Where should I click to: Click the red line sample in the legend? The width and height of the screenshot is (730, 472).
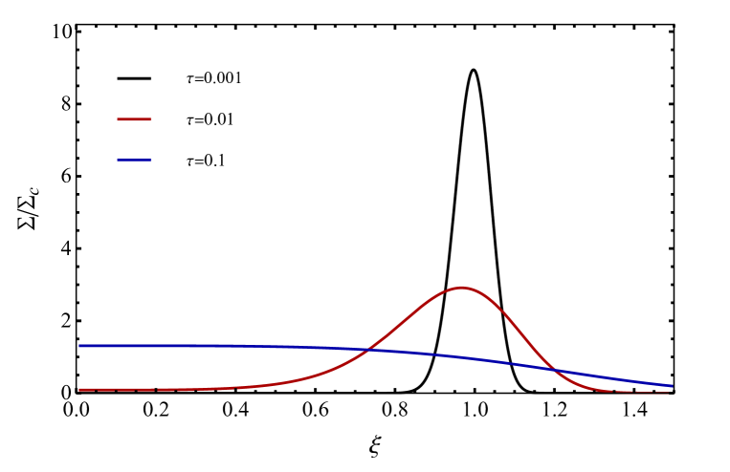point(134,119)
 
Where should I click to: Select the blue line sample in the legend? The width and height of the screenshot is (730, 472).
point(134,160)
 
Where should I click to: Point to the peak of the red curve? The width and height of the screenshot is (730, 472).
point(462,287)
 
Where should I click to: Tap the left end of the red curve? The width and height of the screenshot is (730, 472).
point(79,390)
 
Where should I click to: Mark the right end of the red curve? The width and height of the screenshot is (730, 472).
point(672,393)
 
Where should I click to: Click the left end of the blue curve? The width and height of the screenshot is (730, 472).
point(79,345)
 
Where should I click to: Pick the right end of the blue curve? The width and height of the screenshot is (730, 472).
point(672,386)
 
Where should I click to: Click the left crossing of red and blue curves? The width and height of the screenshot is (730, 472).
point(370,351)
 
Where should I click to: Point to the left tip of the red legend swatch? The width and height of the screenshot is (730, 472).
point(118,119)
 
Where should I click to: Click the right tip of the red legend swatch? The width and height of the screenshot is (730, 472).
point(151,119)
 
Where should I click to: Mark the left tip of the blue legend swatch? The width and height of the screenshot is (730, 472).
point(118,160)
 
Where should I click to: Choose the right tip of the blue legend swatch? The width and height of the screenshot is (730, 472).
point(151,160)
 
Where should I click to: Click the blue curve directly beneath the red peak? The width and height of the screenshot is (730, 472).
point(462,357)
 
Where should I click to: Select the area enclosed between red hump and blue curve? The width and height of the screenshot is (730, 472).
point(462,325)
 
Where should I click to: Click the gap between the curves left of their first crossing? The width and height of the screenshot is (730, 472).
point(239,367)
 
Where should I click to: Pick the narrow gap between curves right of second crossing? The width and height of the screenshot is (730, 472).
point(622,385)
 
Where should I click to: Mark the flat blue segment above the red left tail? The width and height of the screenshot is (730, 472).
point(163,345)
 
